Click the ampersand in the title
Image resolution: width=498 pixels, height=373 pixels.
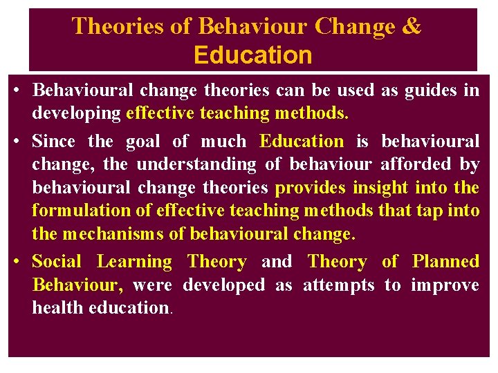pyautogui.click(x=411, y=26)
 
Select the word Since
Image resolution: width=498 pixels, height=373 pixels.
pyautogui.click(x=54, y=142)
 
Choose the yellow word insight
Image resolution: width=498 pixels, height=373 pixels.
pyautogui.click(x=380, y=187)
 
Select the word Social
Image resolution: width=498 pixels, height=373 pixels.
pyautogui.click(x=57, y=262)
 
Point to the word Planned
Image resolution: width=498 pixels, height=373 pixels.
pyautogui.click(x=445, y=262)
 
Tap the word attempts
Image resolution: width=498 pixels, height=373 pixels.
pyautogui.click(x=339, y=285)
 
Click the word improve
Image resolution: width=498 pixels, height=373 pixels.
pyautogui.click(x=445, y=285)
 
